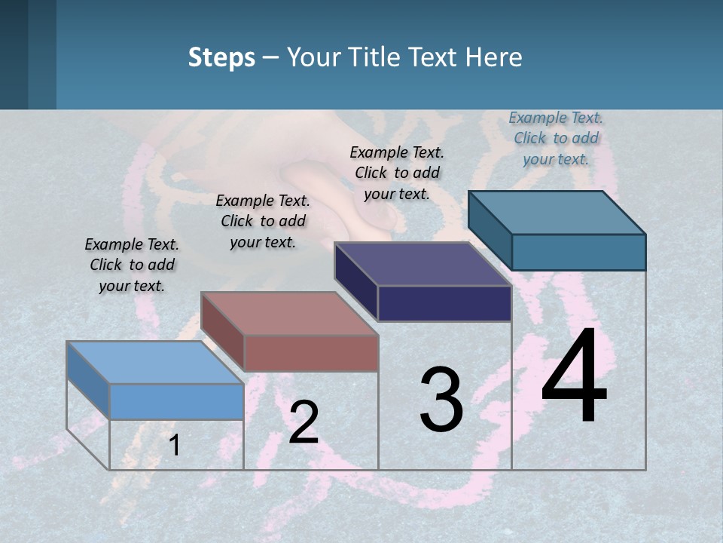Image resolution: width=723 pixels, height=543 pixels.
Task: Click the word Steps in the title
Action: coord(221,57)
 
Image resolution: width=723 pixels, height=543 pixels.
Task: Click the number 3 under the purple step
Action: coord(441,400)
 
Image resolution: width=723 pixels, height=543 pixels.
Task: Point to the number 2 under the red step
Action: coord(304,422)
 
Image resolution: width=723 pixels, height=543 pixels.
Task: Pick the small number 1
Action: coord(174,445)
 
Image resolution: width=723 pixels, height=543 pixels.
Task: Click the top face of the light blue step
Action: coord(154,362)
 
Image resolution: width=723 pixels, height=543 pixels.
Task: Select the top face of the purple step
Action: coord(423,264)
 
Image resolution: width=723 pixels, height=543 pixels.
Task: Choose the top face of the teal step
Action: coord(557,212)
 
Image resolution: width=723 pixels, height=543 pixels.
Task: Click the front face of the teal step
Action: coord(578,252)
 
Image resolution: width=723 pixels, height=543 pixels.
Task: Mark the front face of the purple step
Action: coord(444,303)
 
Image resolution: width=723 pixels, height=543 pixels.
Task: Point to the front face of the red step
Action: coord(311,353)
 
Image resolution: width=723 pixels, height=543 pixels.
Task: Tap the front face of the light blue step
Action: coord(176,401)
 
